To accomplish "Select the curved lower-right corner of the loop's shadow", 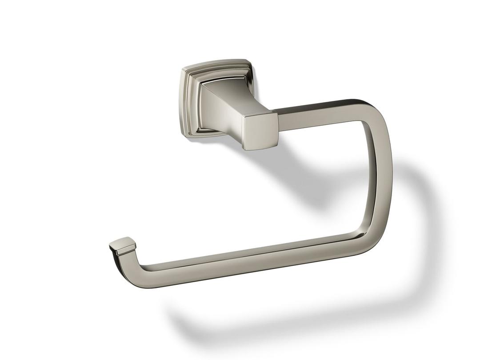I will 413,284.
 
